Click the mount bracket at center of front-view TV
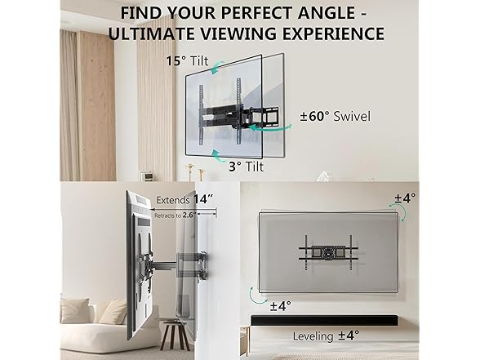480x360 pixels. [x=330, y=251]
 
